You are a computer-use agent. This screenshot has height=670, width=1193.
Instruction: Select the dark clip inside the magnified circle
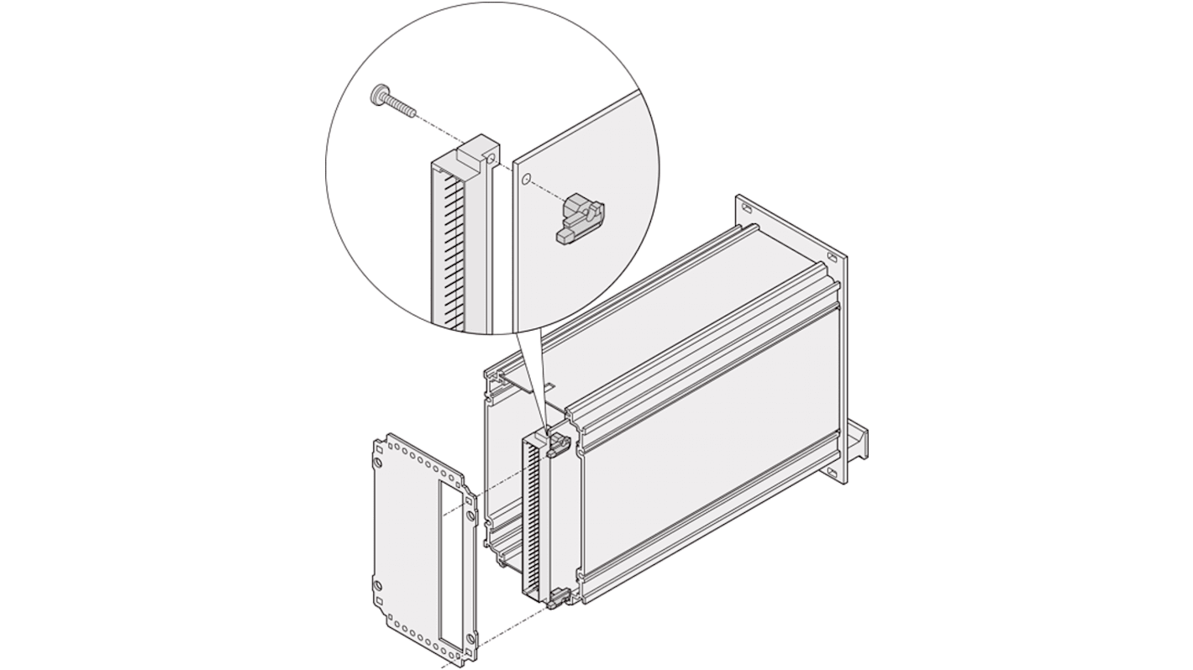coord(581,218)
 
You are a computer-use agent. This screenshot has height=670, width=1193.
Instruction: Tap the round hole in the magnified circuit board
coord(526,179)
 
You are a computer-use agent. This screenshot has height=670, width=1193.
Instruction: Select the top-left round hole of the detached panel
coord(378,461)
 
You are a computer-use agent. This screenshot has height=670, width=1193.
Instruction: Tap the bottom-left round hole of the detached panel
coord(378,584)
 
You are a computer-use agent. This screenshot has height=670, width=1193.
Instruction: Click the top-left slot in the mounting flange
coord(746,205)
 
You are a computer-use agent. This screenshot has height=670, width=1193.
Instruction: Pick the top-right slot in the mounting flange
coord(831,257)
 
